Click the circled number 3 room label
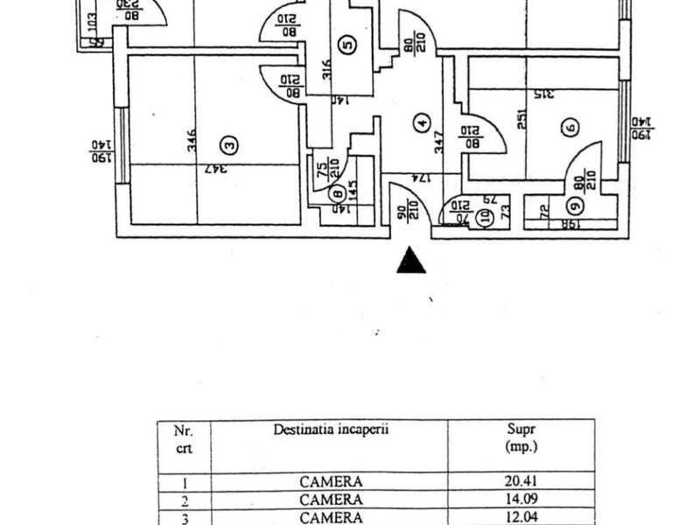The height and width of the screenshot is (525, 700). [228, 143]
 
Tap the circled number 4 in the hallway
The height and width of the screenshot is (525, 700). [423, 124]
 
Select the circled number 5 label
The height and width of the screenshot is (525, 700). [347, 45]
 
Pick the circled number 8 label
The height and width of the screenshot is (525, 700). [337, 194]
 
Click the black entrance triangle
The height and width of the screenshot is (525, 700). [411, 262]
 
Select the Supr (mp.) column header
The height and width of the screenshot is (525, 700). [521, 438]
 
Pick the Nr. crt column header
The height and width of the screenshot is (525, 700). [180, 438]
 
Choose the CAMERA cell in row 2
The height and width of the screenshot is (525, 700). [330, 500]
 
